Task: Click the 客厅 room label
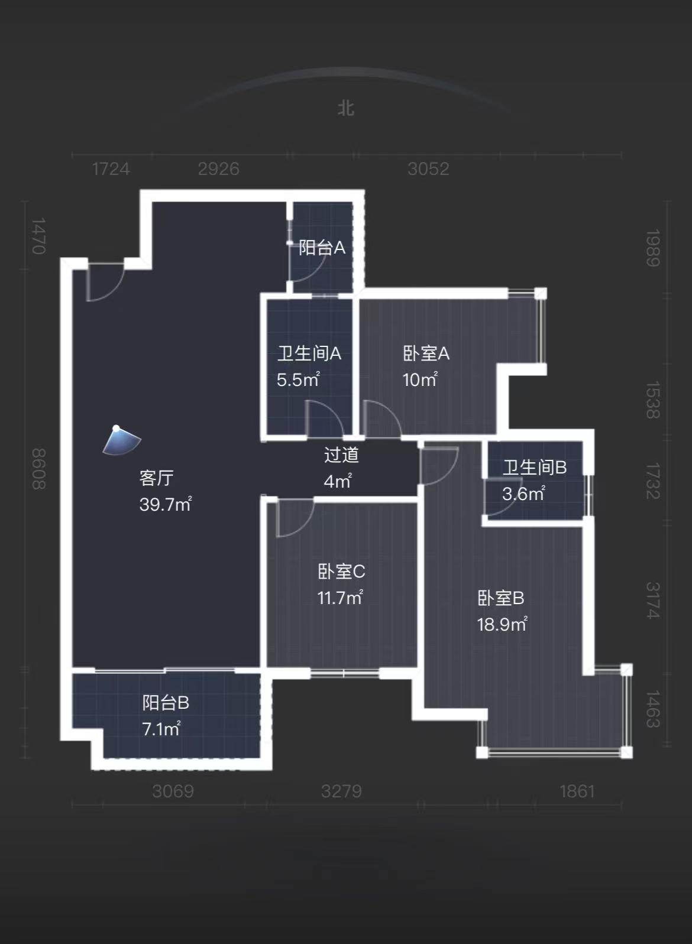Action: tap(156, 478)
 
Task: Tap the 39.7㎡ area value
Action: tap(165, 504)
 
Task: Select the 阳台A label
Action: tap(321, 247)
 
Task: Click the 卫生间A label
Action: tap(309, 353)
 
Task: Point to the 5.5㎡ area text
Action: tap(298, 379)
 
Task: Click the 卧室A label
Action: tap(426, 353)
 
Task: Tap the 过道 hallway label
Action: tap(341, 455)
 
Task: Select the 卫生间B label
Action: tap(534, 468)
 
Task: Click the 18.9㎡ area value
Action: tap(502, 624)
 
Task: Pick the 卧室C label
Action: tap(341, 572)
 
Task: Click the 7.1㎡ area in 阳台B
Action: tap(161, 729)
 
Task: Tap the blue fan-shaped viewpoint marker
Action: tap(121, 441)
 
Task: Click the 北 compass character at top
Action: tap(346, 108)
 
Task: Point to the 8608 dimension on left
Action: tap(38, 469)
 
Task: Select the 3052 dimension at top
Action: tap(428, 169)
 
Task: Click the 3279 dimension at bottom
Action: tap(341, 791)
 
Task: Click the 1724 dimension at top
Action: tap(111, 169)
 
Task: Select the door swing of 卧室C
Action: tap(293, 517)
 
